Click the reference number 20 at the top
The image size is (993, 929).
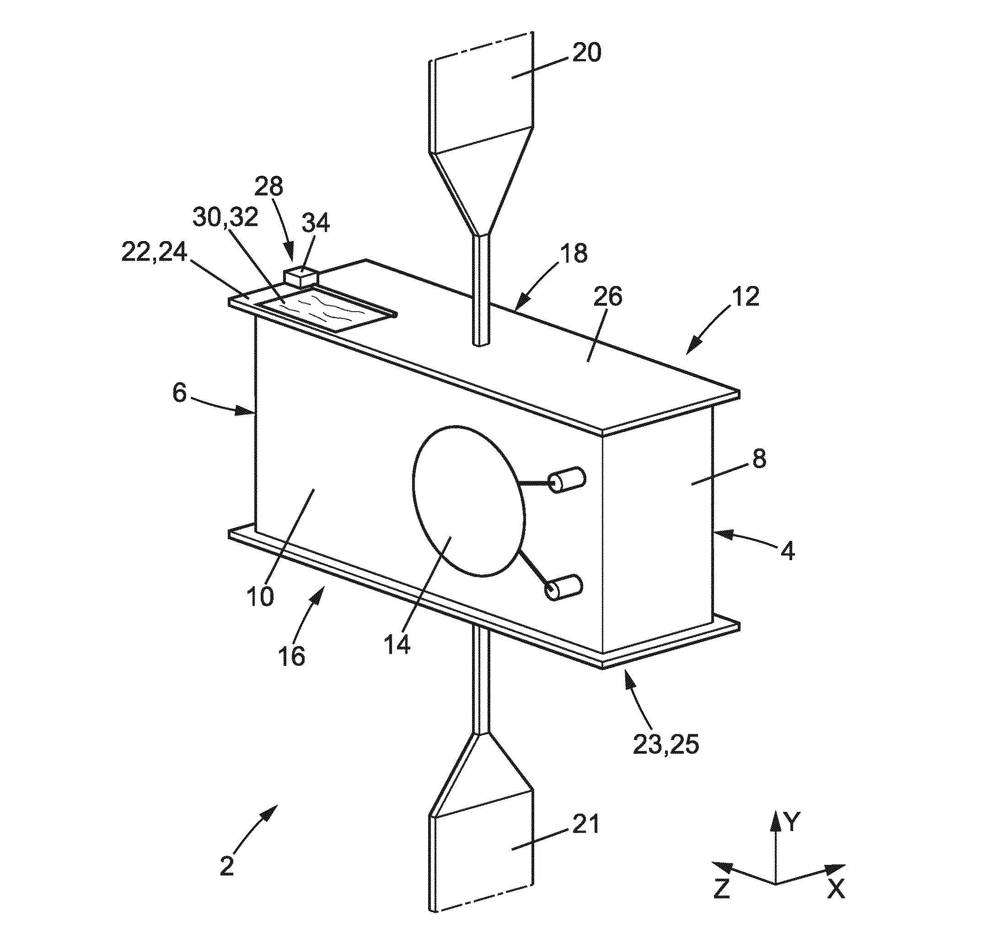(586, 53)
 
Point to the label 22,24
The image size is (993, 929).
(154, 253)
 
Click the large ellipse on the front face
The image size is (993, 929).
(469, 501)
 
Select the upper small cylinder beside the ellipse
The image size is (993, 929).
(566, 480)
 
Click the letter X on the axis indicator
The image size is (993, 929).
(836, 889)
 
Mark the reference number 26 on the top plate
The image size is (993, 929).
(608, 297)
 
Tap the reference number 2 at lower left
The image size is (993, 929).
(227, 866)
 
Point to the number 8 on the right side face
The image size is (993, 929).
(759, 458)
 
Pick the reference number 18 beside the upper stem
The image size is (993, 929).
(574, 253)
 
